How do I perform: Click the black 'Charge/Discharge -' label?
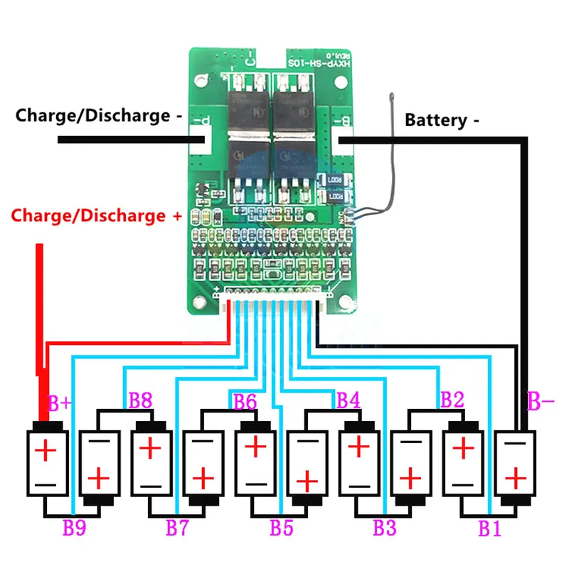point(93,115)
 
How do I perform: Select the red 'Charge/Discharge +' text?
point(96,215)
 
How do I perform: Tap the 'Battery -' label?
point(442,120)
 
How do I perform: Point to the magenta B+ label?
point(60,403)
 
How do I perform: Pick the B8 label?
point(139,400)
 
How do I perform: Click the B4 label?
point(348,400)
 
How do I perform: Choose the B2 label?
point(452,400)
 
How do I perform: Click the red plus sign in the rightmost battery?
point(513,477)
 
